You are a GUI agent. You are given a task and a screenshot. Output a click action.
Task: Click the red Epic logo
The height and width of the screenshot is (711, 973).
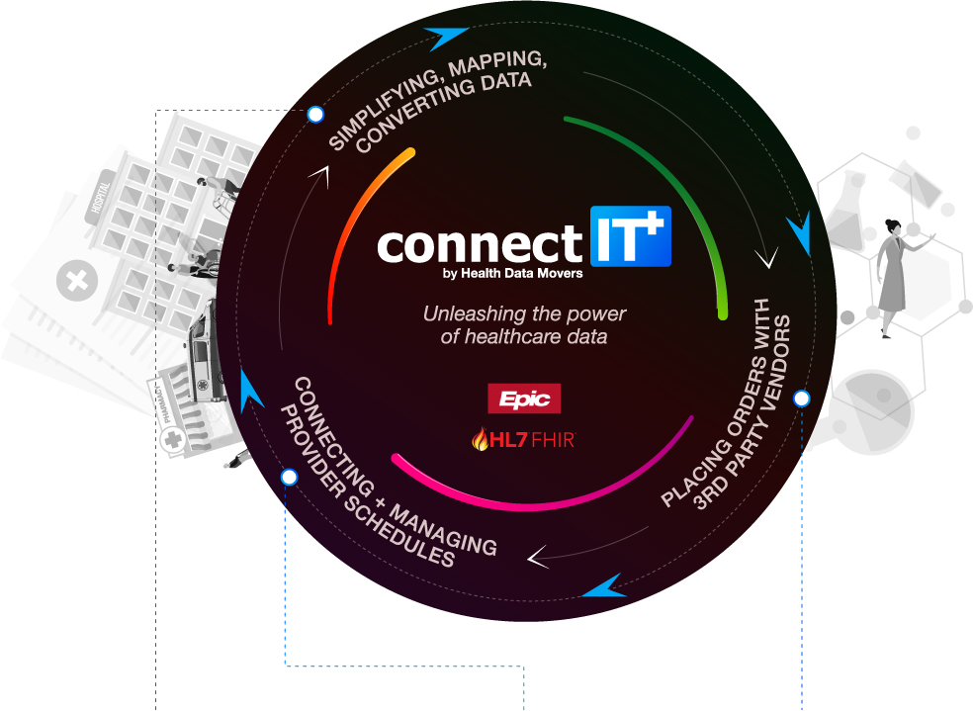tap(524, 399)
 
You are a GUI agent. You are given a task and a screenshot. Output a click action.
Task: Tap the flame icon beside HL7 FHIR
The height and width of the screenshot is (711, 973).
tap(481, 439)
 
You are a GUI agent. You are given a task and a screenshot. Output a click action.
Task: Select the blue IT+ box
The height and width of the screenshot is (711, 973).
tap(631, 235)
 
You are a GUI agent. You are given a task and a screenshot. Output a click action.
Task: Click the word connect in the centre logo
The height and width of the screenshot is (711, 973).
tap(480, 245)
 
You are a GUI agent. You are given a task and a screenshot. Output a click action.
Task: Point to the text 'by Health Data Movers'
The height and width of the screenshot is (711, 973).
tap(513, 273)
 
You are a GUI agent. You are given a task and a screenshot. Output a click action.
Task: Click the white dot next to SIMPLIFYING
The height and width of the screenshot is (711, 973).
tap(315, 114)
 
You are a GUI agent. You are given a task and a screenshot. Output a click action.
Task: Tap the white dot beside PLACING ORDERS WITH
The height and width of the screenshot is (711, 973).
tap(802, 399)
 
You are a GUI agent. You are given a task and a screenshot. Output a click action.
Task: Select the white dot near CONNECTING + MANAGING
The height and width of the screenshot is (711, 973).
tap(289, 477)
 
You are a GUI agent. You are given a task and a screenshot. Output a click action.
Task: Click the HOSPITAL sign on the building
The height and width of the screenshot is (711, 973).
tap(100, 196)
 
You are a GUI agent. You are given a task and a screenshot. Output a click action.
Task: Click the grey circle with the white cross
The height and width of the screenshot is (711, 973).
tap(77, 281)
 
